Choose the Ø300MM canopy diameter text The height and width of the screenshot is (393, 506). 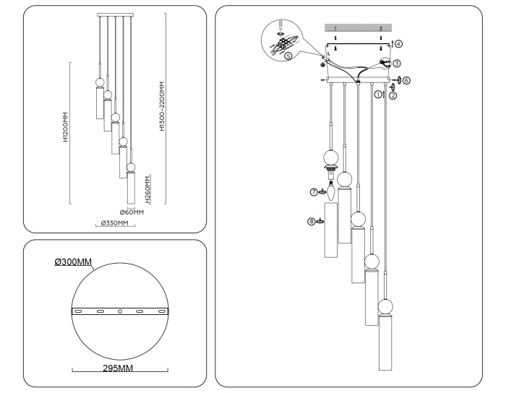coord(72,261)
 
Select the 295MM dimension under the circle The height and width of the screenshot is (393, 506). coord(119,369)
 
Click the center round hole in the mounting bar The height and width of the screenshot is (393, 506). coord(119,311)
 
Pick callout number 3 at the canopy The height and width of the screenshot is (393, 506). coord(397,64)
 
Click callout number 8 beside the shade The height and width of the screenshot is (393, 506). coord(312,222)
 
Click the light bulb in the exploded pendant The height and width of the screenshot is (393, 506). coord(331,190)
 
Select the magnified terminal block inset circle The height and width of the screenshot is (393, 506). coord(280,36)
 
